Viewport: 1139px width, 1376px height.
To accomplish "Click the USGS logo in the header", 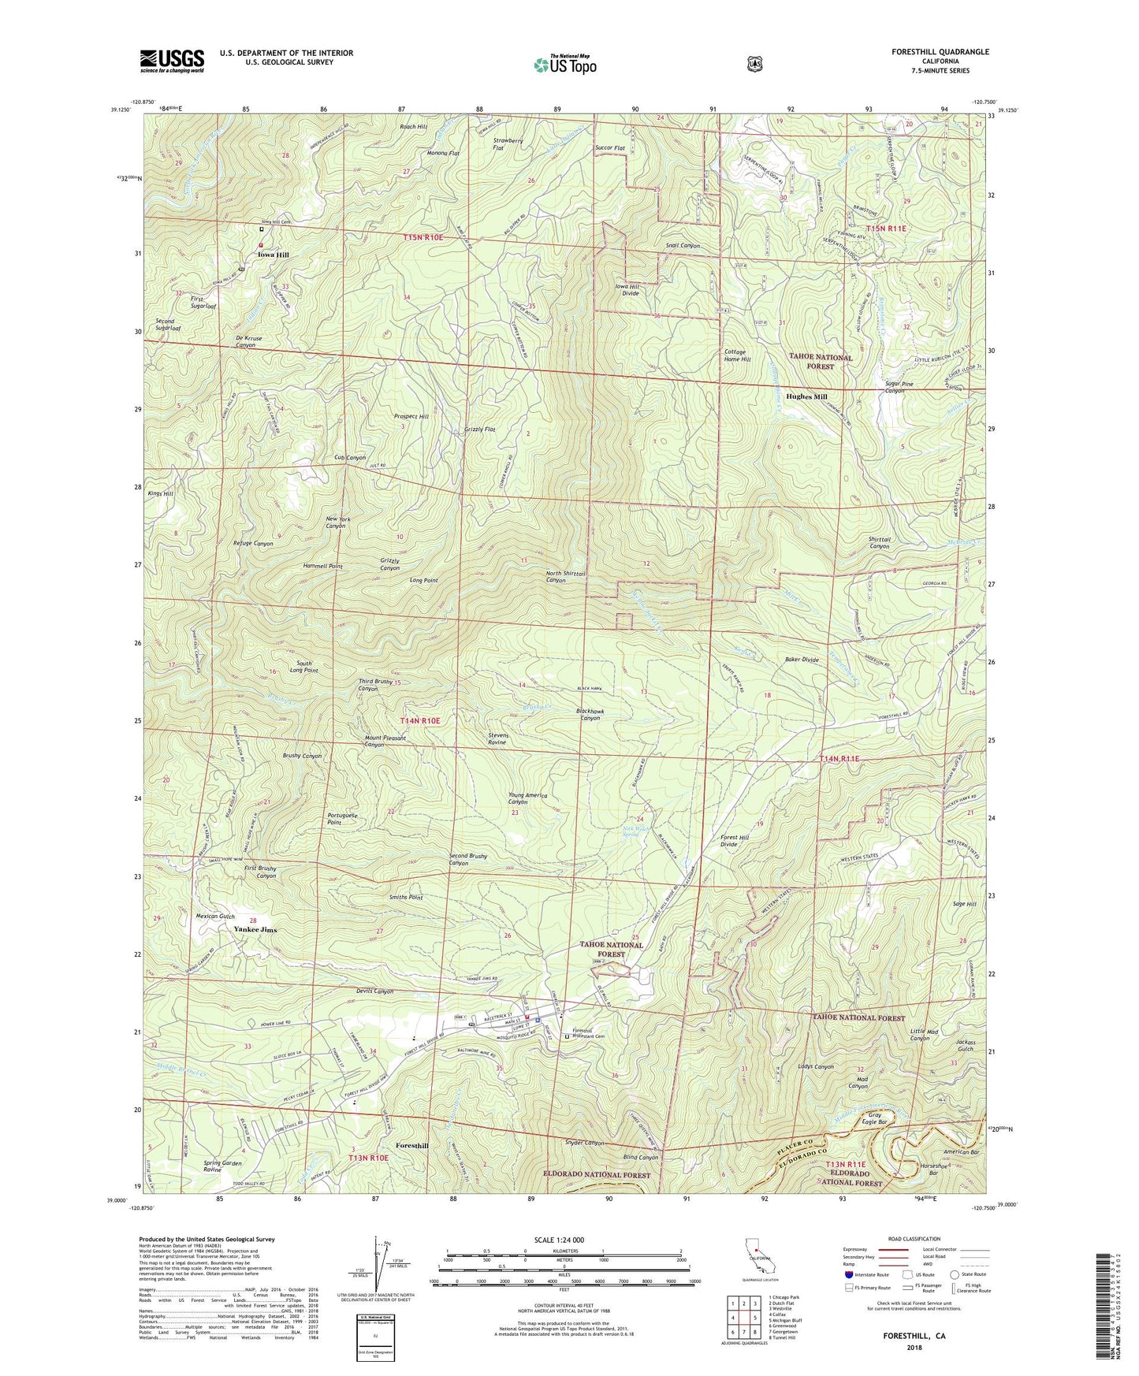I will point(172,61).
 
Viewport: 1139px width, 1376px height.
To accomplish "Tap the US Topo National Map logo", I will point(564,65).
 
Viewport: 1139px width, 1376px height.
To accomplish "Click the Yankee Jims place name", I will point(255,930).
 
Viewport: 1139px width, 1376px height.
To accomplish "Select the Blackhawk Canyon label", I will point(601,714).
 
